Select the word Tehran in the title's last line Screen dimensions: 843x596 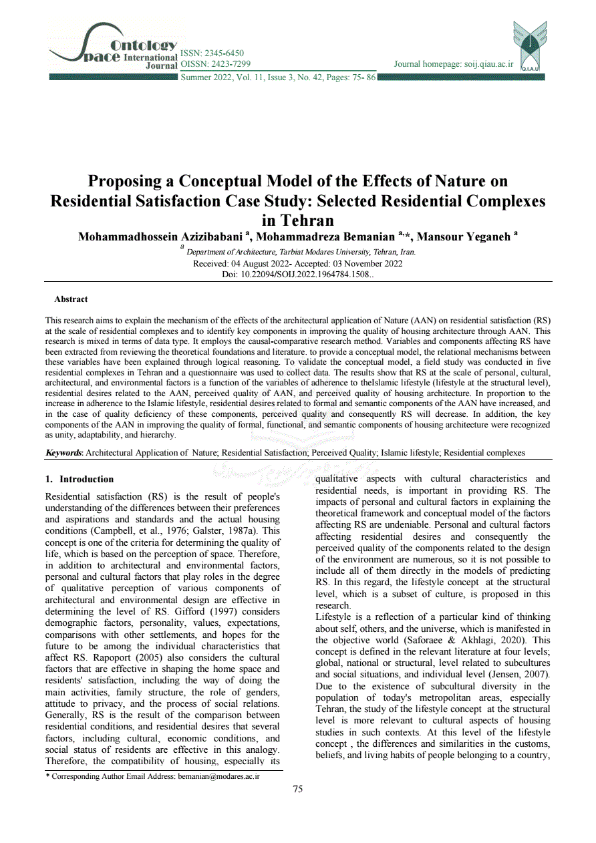297,220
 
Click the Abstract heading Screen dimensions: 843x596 71,299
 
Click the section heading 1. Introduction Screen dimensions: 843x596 79,479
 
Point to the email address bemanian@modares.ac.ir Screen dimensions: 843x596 218,776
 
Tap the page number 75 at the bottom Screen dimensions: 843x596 298,789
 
